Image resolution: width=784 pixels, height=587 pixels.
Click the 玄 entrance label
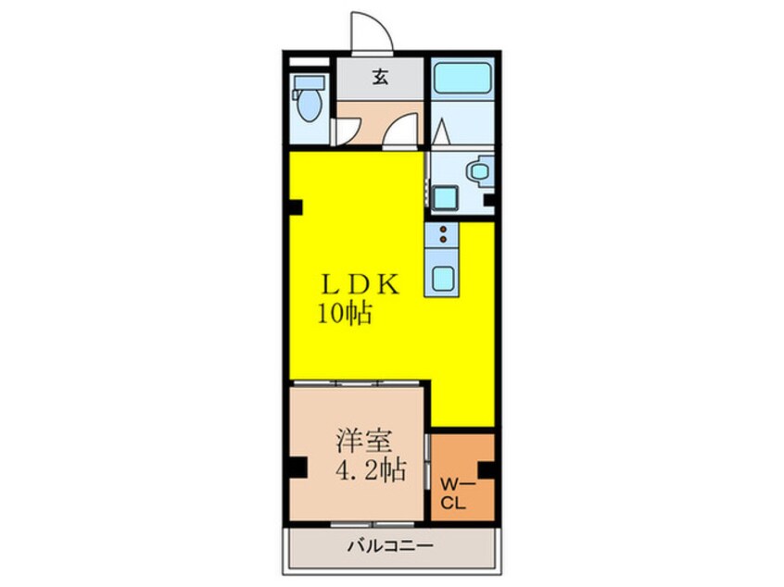380,78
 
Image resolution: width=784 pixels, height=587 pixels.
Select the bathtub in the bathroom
462,78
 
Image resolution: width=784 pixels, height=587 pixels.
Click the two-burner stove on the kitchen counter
442,235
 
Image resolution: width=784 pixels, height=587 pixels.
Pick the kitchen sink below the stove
442,277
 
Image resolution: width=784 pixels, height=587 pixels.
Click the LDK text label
360,285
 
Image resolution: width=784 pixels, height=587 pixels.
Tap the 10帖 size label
346,314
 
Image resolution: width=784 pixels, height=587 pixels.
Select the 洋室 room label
364,440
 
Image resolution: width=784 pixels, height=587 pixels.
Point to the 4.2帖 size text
370,469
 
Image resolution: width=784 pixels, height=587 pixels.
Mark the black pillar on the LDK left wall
296,206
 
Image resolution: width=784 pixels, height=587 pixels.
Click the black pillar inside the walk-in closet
487,471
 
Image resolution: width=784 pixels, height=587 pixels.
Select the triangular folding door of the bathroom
442,131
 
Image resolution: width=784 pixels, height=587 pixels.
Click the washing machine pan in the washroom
445,198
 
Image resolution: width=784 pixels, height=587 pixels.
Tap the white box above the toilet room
310,62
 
